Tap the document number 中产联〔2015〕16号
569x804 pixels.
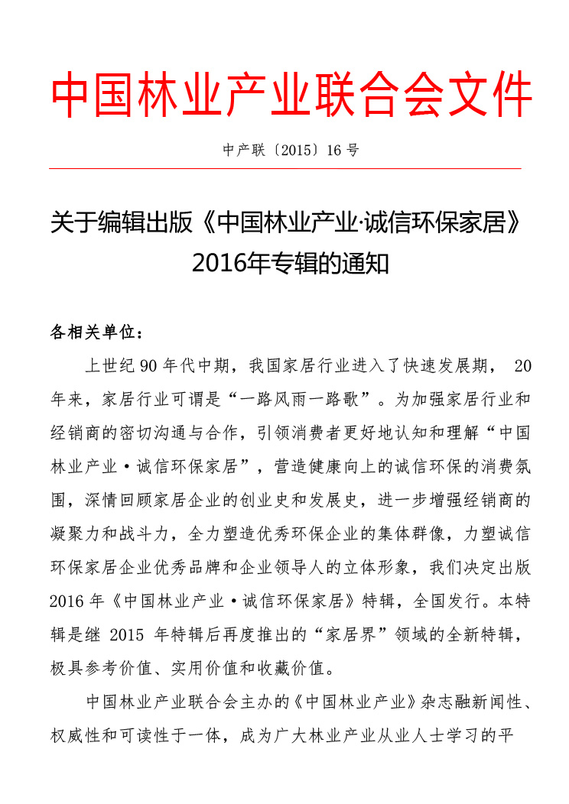pos(291,150)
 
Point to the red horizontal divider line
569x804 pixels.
pos(284,168)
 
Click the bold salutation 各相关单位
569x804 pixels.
pos(91,332)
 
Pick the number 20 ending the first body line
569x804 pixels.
pos(522,365)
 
